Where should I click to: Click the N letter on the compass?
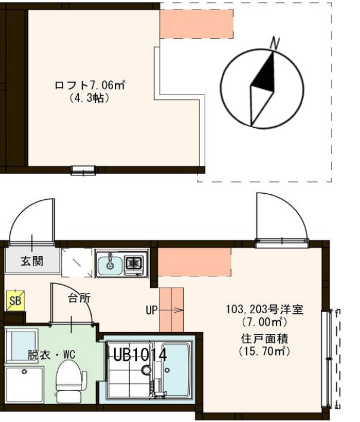point(274,43)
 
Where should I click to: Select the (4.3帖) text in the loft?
point(89,99)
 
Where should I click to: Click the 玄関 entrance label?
point(32,261)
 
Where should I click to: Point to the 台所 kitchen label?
point(79,298)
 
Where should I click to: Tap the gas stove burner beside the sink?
point(134,262)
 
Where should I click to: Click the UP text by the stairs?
point(151,310)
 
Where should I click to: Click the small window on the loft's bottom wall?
point(82,171)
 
